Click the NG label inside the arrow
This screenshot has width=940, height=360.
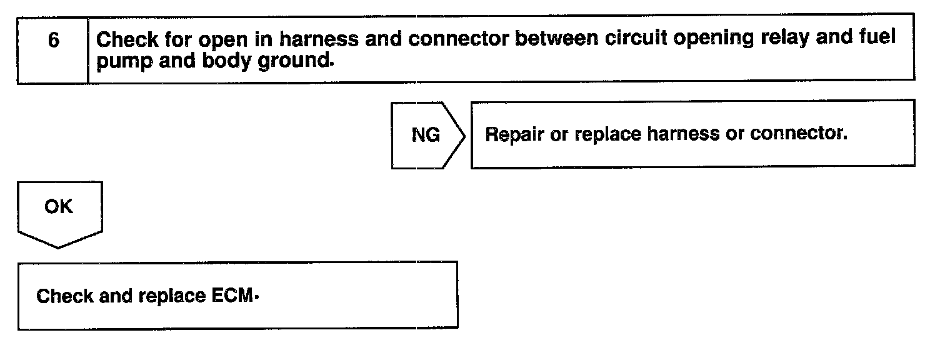coord(426,136)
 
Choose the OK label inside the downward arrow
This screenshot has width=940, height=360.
coord(59,207)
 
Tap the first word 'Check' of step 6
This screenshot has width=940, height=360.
coord(127,39)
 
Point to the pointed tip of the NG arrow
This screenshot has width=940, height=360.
coord(464,136)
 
